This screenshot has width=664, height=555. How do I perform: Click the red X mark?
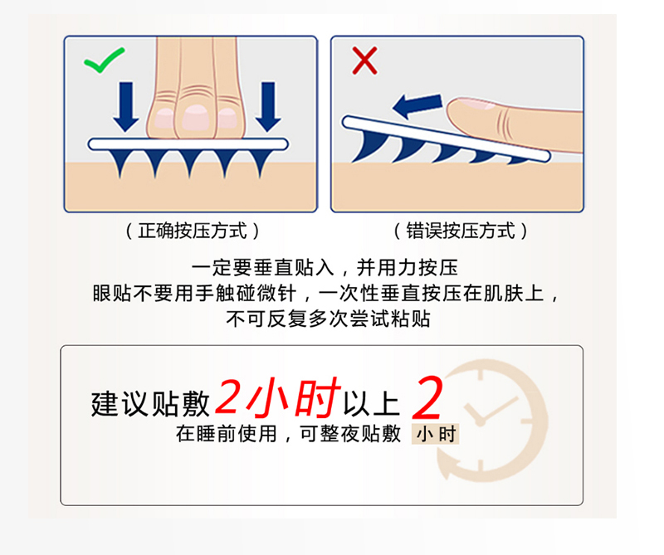coord(364,60)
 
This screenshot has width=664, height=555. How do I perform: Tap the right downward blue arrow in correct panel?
coord(267,106)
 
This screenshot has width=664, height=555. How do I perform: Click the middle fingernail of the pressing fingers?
coord(197,117)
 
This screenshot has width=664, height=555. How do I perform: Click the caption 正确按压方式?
coord(192,230)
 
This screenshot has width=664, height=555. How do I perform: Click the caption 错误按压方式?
coord(461,230)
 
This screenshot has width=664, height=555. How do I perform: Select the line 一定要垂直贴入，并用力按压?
coord(325,268)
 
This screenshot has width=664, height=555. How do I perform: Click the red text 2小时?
coord(277,398)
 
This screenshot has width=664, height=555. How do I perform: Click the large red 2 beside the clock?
coord(427,399)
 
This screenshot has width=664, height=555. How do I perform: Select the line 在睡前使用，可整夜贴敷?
coord(288,433)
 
